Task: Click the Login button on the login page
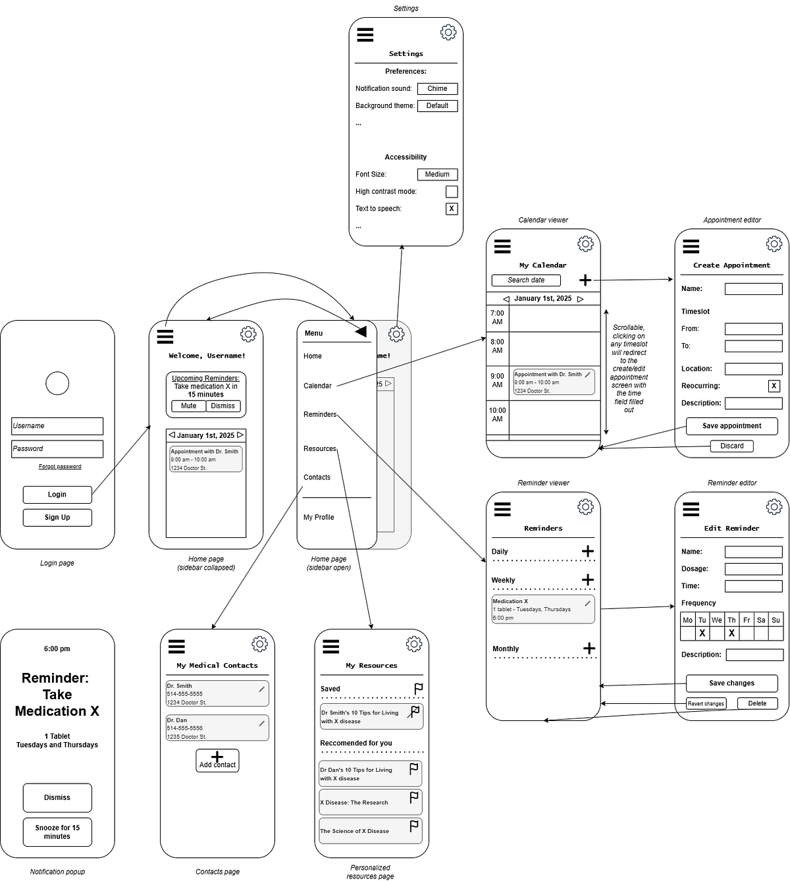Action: point(57,494)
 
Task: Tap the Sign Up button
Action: point(57,517)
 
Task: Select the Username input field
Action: point(57,426)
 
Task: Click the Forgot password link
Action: point(60,466)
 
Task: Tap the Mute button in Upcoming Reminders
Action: point(189,406)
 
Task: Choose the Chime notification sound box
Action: point(437,89)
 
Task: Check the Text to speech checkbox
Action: point(452,209)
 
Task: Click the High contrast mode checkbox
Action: point(452,192)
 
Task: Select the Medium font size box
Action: point(437,174)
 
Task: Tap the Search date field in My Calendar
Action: point(525,280)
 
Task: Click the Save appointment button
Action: point(731,426)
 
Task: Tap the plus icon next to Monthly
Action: point(589,649)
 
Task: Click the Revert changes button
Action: point(706,703)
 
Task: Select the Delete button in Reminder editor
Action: point(757,703)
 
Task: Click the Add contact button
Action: point(217,760)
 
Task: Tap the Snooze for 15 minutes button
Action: point(57,832)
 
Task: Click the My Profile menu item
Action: point(319,517)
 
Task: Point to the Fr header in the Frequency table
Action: point(746,620)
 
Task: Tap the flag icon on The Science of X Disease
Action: point(413,826)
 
